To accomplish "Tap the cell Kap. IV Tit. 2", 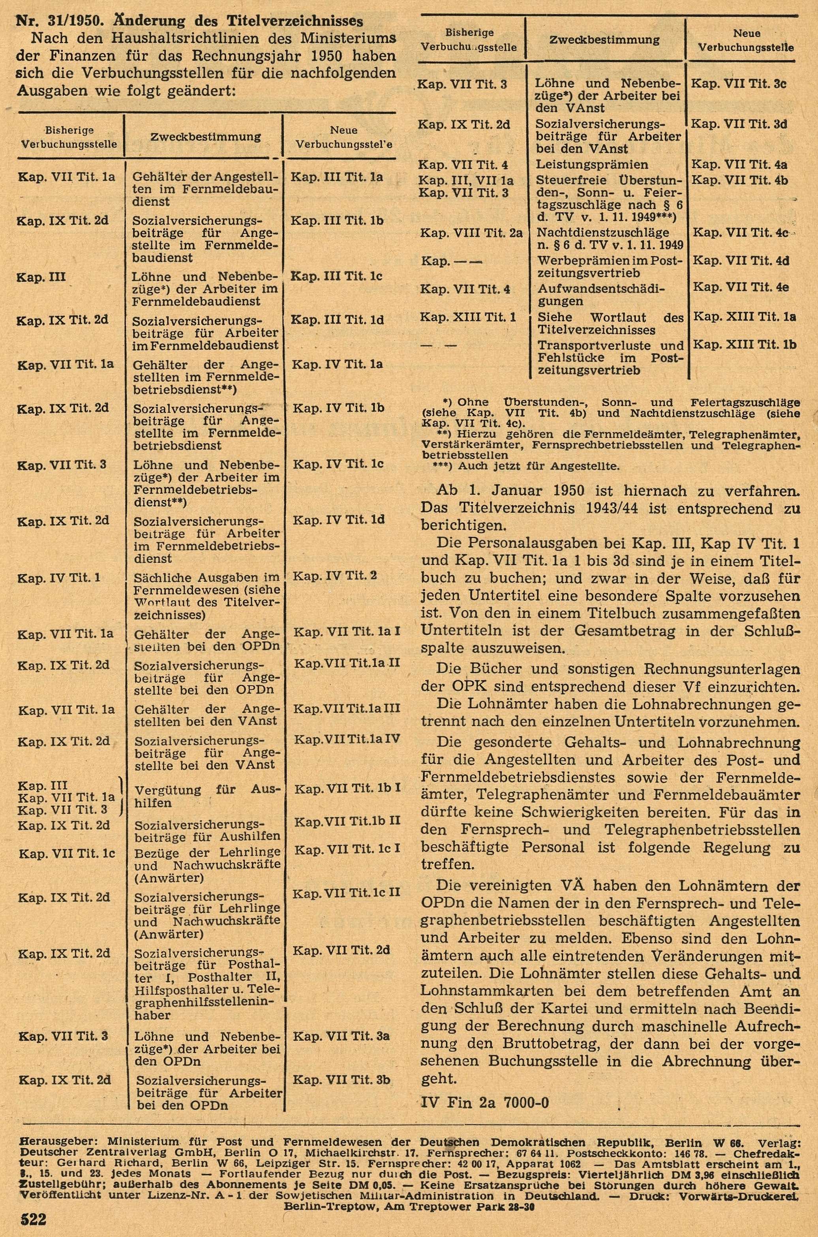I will [x=334, y=576].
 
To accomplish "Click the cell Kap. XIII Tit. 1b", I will [x=743, y=345].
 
